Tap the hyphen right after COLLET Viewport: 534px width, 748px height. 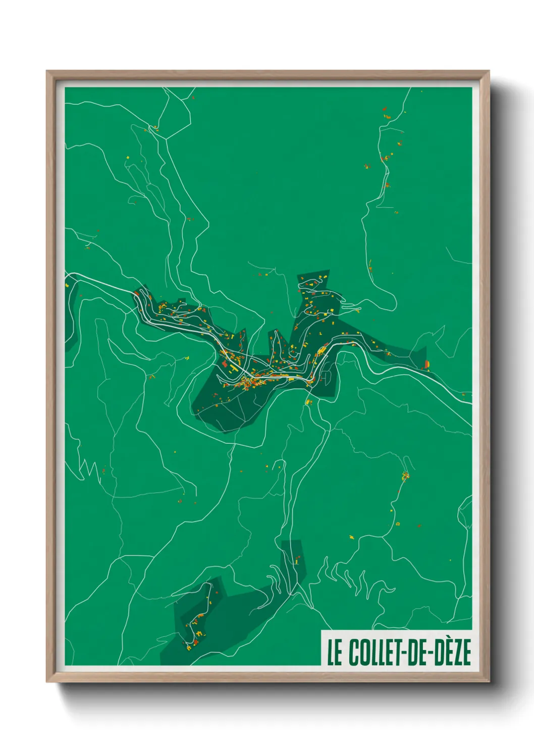pyautogui.click(x=401, y=653)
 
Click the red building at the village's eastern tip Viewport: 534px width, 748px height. pyautogui.click(x=427, y=363)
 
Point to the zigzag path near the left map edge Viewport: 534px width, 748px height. pyautogui.click(x=88, y=470)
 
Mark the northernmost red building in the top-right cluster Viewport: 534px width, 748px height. pyautogui.click(x=384, y=109)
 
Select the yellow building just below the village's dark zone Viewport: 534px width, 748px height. pyautogui.click(x=309, y=402)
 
